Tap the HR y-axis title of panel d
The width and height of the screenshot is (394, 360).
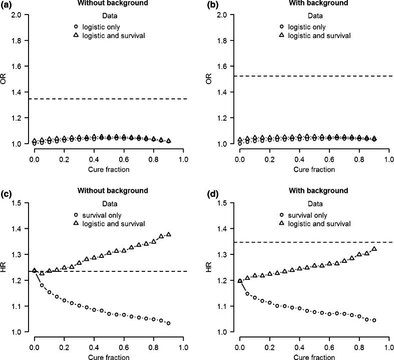coord(210,267)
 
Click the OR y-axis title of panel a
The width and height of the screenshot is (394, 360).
coord(5,79)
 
